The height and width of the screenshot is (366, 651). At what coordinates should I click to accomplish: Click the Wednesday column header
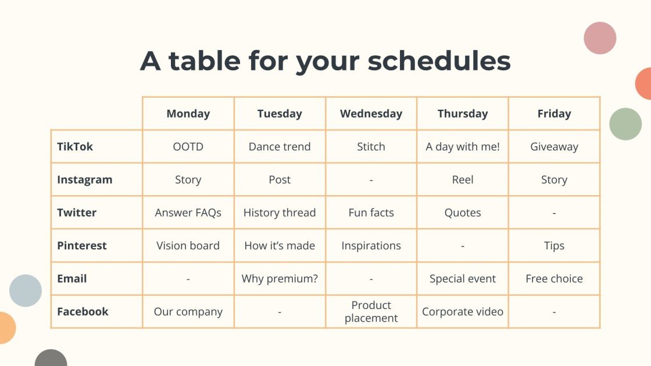[x=371, y=114]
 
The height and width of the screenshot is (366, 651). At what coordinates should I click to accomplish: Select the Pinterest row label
[x=82, y=246]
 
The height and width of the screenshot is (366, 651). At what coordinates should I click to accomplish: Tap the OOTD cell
[x=188, y=147]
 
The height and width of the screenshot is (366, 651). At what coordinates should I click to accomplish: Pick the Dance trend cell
[x=280, y=147]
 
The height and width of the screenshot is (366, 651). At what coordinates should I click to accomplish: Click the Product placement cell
[x=371, y=312]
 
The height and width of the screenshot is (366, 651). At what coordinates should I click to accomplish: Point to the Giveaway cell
[x=554, y=147]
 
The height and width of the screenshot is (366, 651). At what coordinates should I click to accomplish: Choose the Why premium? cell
[x=280, y=279]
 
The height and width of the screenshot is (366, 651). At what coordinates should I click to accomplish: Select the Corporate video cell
[x=463, y=312]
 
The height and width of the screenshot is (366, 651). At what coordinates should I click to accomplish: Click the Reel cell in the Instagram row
[x=463, y=180]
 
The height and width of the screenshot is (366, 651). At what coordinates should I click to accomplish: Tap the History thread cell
[x=280, y=213]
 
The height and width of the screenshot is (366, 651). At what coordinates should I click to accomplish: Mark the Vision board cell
[x=188, y=246]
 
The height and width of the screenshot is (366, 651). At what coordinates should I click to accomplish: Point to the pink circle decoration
[x=600, y=38]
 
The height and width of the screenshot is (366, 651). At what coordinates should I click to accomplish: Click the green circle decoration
[x=625, y=124]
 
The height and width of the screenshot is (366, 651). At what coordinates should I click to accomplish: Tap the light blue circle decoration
[x=26, y=290]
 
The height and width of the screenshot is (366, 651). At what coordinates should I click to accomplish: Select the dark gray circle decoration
[x=51, y=359]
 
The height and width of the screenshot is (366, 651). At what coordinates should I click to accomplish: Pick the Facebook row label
[x=83, y=312]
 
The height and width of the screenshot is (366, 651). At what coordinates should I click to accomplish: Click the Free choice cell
[x=554, y=279]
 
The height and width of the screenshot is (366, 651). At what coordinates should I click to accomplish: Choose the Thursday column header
[x=463, y=114]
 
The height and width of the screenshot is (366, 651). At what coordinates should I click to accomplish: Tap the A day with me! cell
[x=463, y=147]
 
